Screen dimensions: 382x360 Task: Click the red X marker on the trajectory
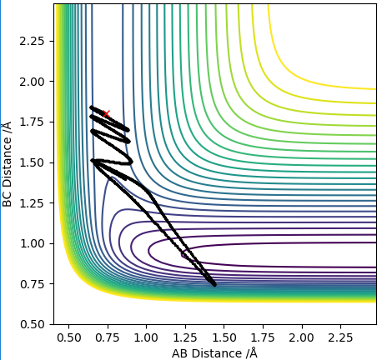(106, 113)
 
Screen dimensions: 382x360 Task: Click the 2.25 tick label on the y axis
(32, 41)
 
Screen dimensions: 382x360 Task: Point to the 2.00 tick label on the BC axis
(32, 82)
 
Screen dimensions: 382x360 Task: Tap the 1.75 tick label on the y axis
(32, 122)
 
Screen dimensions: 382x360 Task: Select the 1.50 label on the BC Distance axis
(32, 162)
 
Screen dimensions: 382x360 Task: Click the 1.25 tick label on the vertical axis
(32, 203)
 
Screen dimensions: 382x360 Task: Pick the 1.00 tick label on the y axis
(32, 244)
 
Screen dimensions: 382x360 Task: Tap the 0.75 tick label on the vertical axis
(32, 284)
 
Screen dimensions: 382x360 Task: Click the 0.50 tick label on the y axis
(32, 325)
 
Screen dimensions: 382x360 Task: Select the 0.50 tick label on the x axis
(69, 337)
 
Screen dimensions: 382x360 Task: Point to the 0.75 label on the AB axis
(108, 337)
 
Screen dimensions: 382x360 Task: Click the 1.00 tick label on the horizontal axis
(146, 337)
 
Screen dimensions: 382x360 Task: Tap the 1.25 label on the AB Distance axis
(185, 337)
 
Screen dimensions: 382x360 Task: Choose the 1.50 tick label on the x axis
(224, 337)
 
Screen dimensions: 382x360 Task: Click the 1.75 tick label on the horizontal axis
(263, 337)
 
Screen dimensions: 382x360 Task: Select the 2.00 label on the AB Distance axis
(301, 337)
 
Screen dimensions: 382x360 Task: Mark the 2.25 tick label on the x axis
(340, 337)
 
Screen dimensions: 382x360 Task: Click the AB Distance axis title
(214, 353)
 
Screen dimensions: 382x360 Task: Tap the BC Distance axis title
(7, 164)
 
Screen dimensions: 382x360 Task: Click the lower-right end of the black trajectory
(214, 284)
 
